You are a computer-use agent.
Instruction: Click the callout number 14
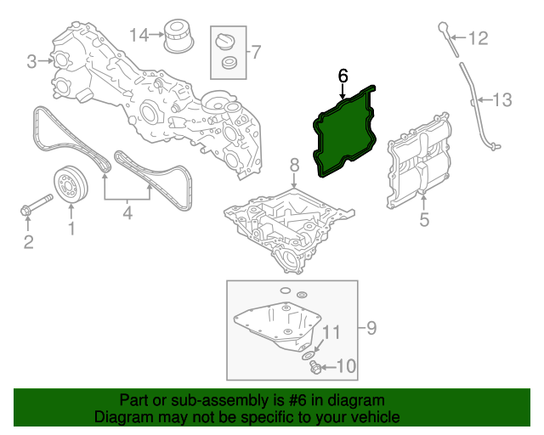(139, 35)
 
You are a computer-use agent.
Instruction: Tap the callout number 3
(31, 61)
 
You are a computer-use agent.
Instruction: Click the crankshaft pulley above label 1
(70, 184)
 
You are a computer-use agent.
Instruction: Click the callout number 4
(127, 213)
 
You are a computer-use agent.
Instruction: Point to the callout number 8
(293, 164)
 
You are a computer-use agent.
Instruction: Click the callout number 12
(479, 37)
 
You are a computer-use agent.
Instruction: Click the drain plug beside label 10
(316, 367)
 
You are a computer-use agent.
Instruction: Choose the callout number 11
(331, 330)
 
